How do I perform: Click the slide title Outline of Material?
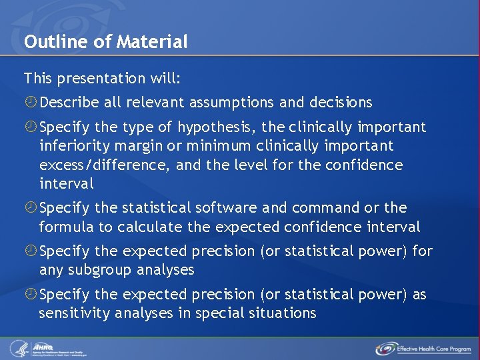coord(105,42)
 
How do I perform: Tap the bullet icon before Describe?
coord(31,103)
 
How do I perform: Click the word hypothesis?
coord(218,127)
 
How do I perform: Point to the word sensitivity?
coord(75,313)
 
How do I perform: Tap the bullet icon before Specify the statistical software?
coord(31,208)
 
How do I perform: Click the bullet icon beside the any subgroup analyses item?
coord(31,251)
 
